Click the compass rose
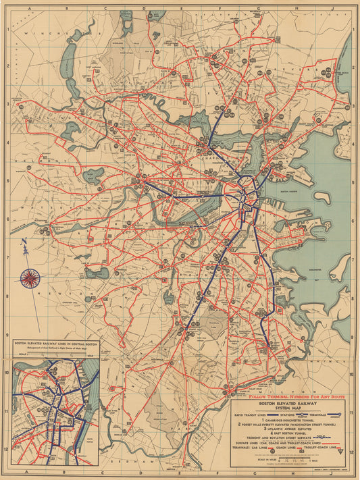pyautogui.click(x=30, y=277)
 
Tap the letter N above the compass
pyautogui.click(x=24, y=244)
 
